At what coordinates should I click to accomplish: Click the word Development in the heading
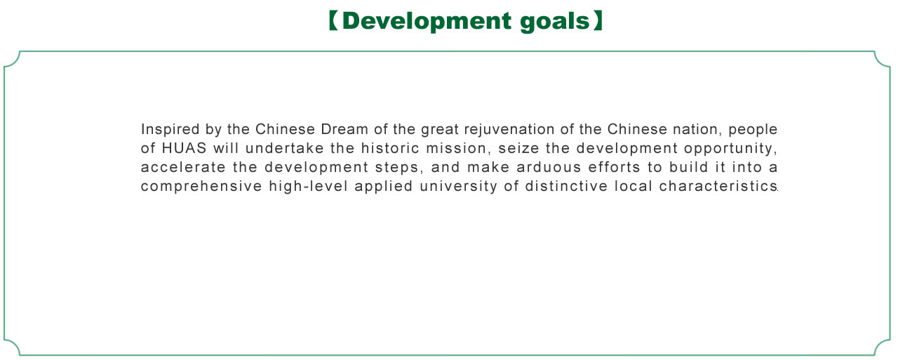coord(427,21)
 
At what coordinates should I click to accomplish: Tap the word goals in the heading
coord(555,22)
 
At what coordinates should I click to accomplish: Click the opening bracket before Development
coord(333,21)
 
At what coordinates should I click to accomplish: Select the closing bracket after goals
coord(598,21)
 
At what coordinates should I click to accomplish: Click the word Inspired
coord(170,130)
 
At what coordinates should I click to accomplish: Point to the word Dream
coord(344,130)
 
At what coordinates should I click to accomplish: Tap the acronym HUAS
coord(184,148)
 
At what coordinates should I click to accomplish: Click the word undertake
coord(285,148)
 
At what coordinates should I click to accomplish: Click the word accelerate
coord(183,167)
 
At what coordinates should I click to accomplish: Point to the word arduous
coord(549,167)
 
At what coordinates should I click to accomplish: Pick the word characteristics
coord(718,186)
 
